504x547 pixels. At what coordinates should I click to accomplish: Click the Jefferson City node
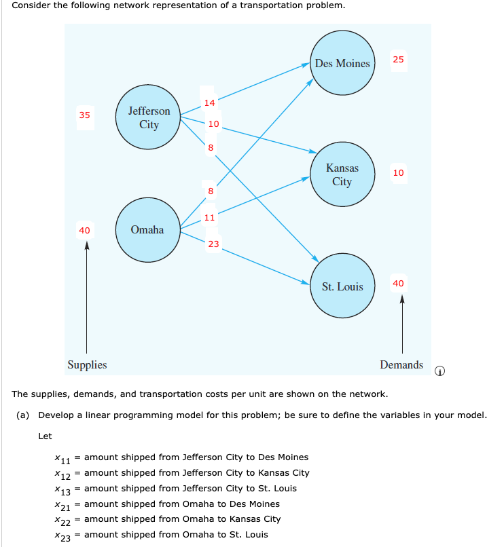pyautogui.click(x=149, y=117)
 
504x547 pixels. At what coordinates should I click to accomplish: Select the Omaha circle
pyautogui.click(x=147, y=230)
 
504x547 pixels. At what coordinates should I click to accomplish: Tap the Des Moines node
pyautogui.click(x=342, y=64)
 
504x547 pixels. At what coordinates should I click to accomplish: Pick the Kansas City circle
pyautogui.click(x=342, y=175)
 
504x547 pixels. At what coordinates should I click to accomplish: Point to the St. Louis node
pyautogui.click(x=342, y=286)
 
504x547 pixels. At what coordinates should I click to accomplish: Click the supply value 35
pyautogui.click(x=84, y=115)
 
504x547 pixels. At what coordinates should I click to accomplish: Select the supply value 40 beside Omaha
pyautogui.click(x=84, y=231)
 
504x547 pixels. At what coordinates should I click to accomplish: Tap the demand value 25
pyautogui.click(x=398, y=60)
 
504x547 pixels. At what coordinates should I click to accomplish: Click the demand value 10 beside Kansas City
pyautogui.click(x=398, y=173)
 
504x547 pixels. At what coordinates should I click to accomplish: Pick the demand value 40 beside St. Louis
pyautogui.click(x=398, y=283)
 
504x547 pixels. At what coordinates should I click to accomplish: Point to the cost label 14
pyautogui.click(x=209, y=103)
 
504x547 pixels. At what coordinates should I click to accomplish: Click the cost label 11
pyautogui.click(x=209, y=217)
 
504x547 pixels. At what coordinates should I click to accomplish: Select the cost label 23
pyautogui.click(x=213, y=244)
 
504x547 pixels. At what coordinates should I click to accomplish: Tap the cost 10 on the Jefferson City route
pyautogui.click(x=213, y=124)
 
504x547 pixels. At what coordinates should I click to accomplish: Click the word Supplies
pyautogui.click(x=87, y=365)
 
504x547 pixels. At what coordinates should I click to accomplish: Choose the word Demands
pyautogui.click(x=401, y=365)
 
